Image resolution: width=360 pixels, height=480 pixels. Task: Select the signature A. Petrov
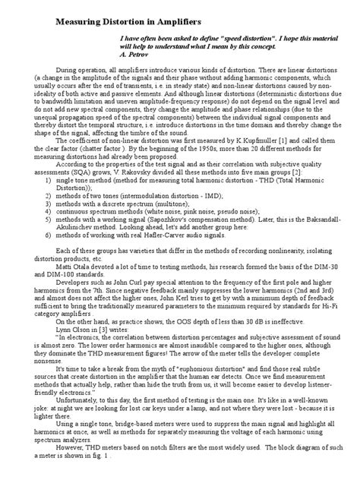click(137, 55)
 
